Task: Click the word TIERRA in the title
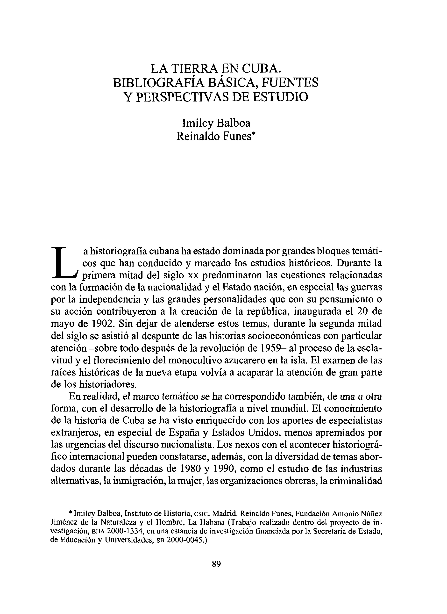pyautogui.click(x=194, y=68)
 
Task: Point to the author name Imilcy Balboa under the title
pyautogui.click(x=216, y=123)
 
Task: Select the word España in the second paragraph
pyautogui.click(x=184, y=433)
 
